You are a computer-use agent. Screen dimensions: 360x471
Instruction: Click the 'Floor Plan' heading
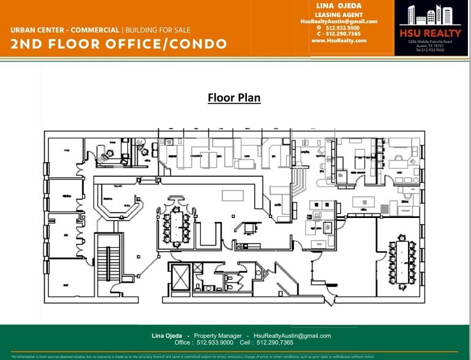[x=234, y=98]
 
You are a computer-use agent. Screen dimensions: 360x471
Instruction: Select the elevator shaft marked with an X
[x=182, y=278]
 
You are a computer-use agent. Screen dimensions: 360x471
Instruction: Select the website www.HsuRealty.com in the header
[x=339, y=40]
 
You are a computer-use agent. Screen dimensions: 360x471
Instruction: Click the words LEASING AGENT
[x=339, y=15]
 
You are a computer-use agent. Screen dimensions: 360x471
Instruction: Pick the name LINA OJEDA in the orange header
[x=339, y=6]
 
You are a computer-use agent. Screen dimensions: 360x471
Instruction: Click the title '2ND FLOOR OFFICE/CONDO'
[x=119, y=44]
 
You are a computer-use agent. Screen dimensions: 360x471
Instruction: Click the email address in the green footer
[x=292, y=336]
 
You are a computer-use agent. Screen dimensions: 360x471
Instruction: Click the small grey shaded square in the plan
[x=384, y=209]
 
